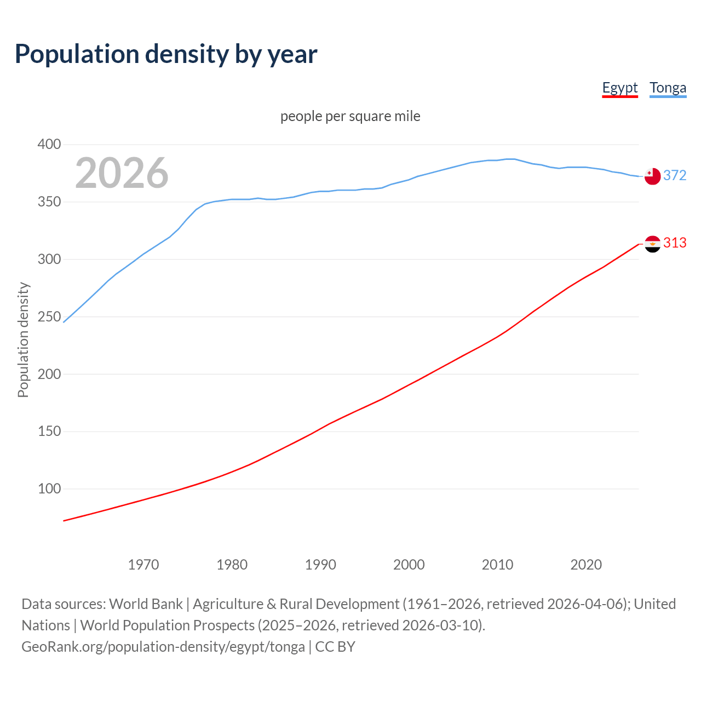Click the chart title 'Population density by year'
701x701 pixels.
(x=166, y=54)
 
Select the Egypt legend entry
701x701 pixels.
(x=620, y=88)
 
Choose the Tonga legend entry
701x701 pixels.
(x=668, y=88)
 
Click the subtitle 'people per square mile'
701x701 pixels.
(x=350, y=116)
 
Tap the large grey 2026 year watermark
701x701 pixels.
(x=122, y=173)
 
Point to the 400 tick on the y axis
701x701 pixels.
(x=49, y=145)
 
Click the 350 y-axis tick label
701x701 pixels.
(x=49, y=202)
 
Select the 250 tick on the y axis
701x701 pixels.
(x=49, y=317)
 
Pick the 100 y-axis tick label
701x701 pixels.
(x=49, y=489)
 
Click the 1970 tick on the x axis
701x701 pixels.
(x=143, y=565)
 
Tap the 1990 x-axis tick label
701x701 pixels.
(x=320, y=565)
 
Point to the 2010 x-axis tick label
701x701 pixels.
(x=497, y=565)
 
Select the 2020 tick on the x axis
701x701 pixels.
(x=586, y=565)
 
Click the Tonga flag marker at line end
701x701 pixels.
(x=652, y=176)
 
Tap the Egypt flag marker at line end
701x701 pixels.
(x=652, y=244)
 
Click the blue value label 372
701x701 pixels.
(x=675, y=175)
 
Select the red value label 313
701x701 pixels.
(x=675, y=243)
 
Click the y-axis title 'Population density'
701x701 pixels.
(x=23, y=340)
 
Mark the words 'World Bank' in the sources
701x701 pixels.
(x=146, y=604)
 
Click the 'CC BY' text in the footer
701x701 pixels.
(x=335, y=647)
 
